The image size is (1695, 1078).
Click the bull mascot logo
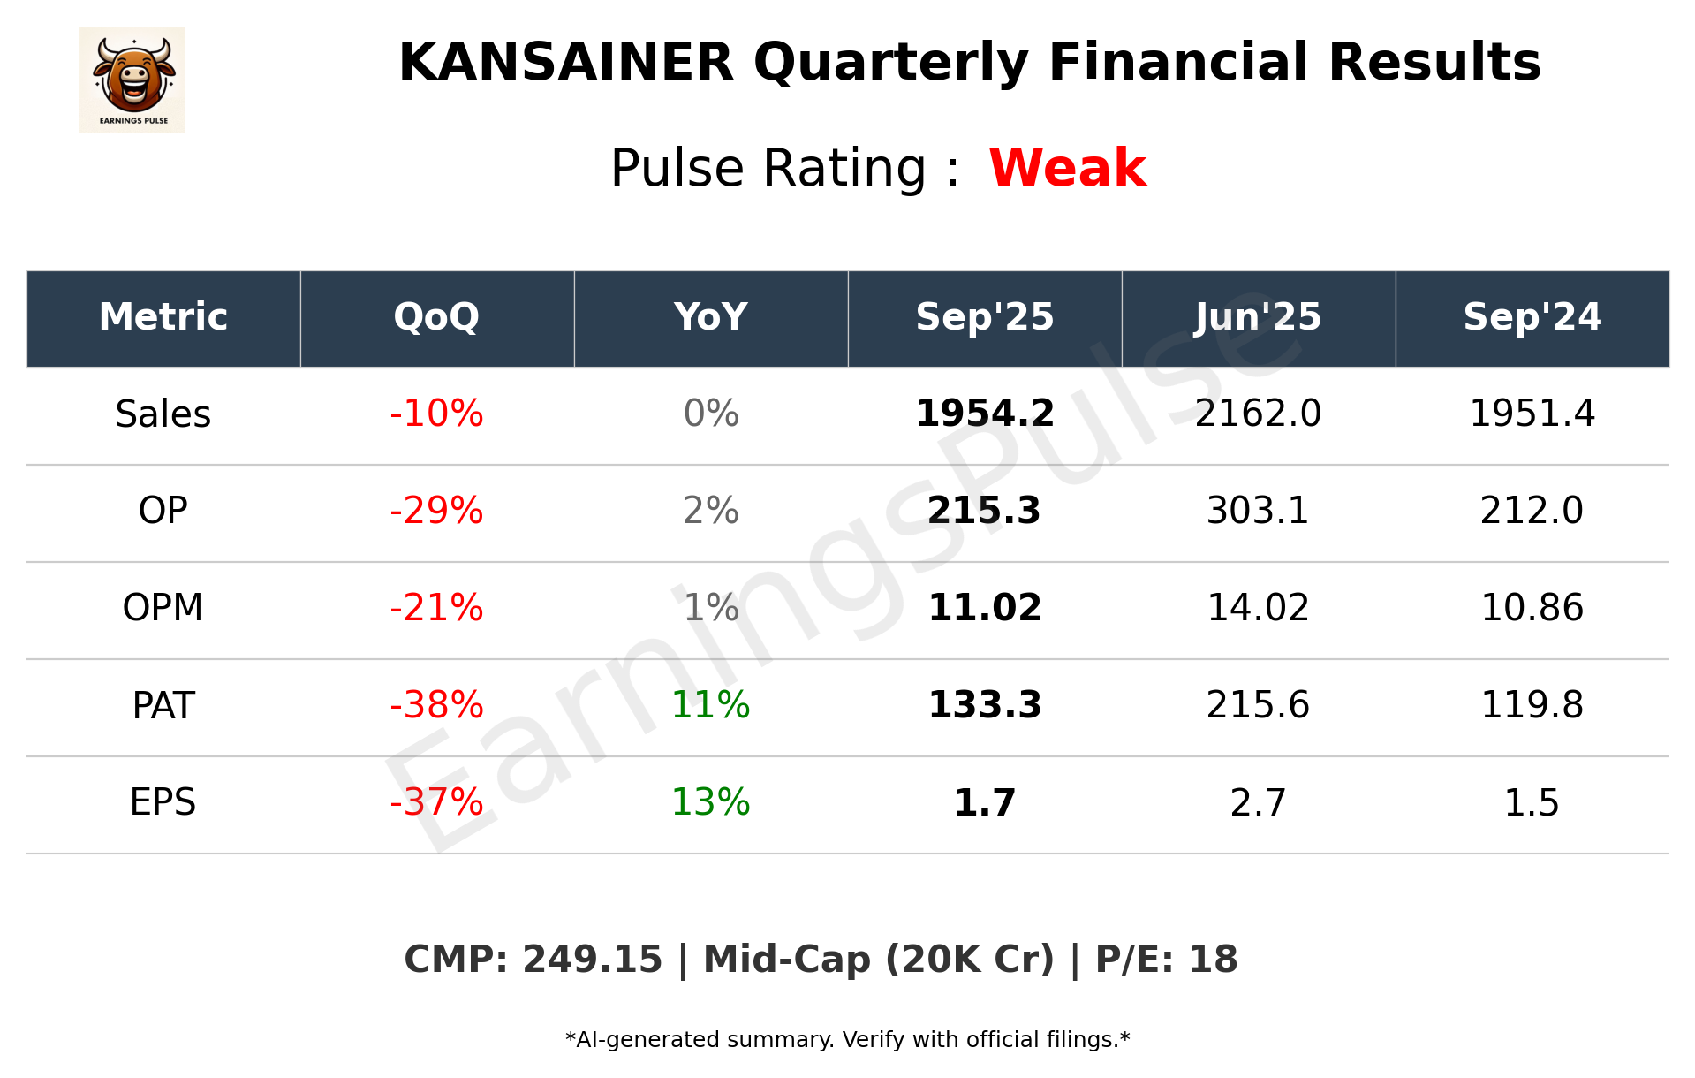coord(132,80)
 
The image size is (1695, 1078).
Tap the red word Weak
coord(1067,168)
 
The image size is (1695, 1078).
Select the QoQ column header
coord(436,317)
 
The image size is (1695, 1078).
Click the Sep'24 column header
coord(1532,317)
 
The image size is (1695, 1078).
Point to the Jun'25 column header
coord(1258,317)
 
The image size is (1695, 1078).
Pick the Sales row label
coord(163,414)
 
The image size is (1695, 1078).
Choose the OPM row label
coord(163,608)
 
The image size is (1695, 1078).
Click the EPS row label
coord(163,802)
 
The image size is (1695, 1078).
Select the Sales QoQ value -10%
coord(436,414)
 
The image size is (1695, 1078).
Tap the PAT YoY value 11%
coord(710,705)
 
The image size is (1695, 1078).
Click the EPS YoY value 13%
coord(710,802)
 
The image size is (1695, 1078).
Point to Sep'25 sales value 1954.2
coord(985,414)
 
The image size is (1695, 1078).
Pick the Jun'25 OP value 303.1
coord(1258,511)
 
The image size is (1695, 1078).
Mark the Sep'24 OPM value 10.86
coord(1532,608)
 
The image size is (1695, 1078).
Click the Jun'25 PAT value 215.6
coord(1258,705)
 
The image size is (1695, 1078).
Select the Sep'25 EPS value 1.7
coord(985,802)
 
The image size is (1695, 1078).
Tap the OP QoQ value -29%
coord(436,511)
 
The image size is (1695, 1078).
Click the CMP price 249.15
coord(592,960)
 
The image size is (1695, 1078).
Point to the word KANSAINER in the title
coord(566,63)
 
